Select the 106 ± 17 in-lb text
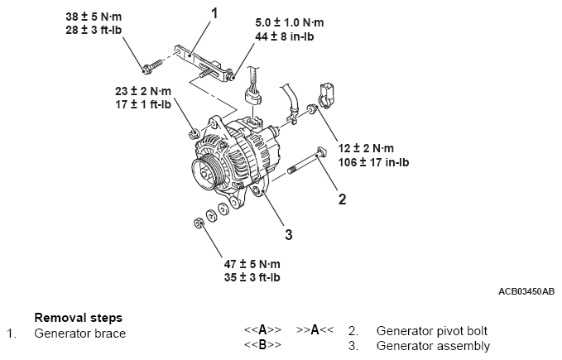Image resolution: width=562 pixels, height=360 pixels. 374,162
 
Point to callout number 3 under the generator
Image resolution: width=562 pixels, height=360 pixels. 288,235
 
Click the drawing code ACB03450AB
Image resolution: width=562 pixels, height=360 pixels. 526,291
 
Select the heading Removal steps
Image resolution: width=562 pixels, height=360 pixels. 79,318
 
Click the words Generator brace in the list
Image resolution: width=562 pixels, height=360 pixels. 80,333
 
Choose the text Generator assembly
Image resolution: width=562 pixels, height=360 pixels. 433,346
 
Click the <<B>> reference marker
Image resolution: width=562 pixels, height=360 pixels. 262,345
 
